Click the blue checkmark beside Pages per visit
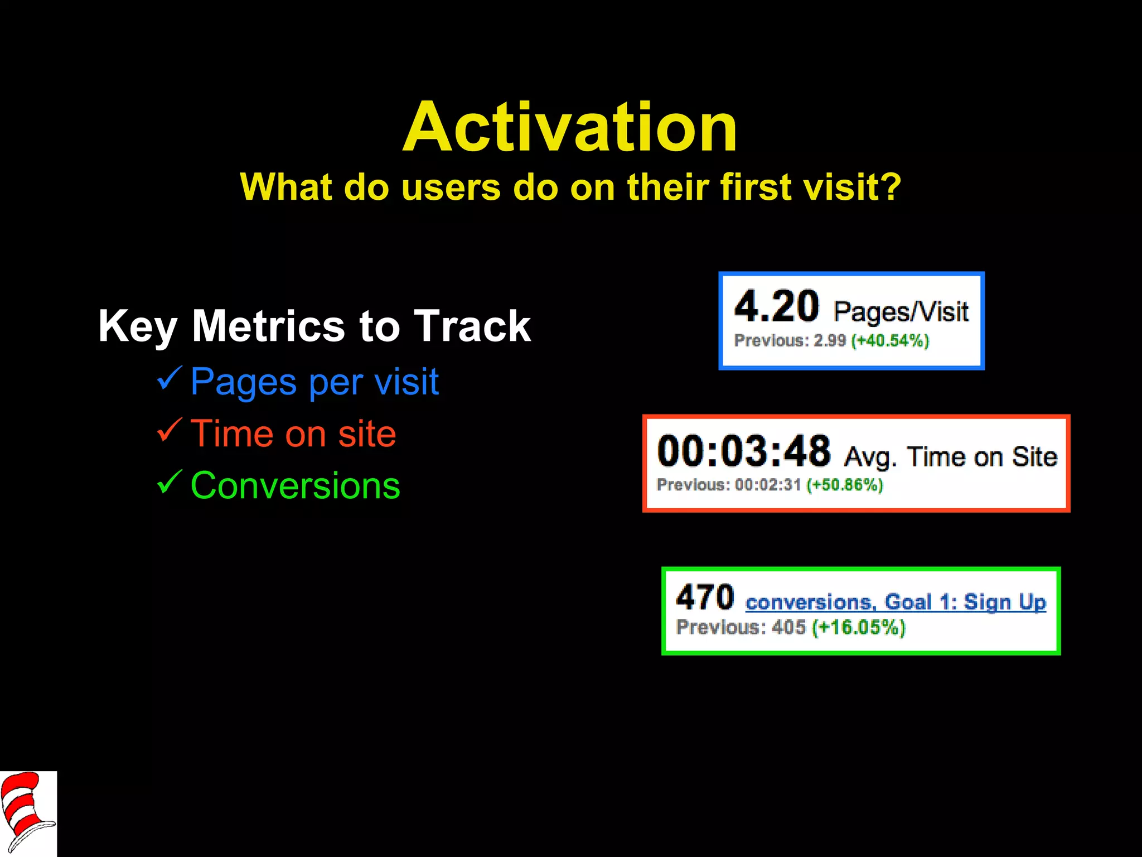click(169, 379)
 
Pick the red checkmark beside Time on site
click(169, 430)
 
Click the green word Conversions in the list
click(295, 485)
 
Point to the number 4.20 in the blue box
click(776, 306)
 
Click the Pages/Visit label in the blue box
click(901, 311)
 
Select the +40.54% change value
click(890, 340)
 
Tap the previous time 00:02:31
click(768, 485)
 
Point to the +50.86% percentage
click(845, 485)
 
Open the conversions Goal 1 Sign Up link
click(896, 603)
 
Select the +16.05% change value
click(859, 628)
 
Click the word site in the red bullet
click(366, 434)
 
